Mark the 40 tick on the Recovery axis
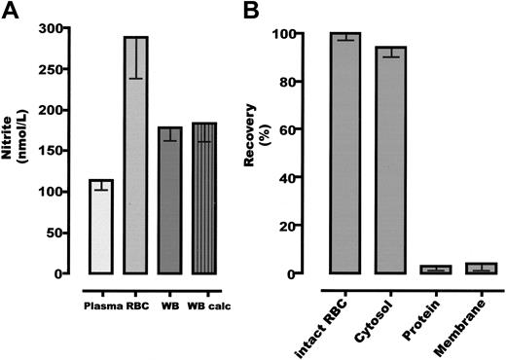pyautogui.click(x=312, y=178)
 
